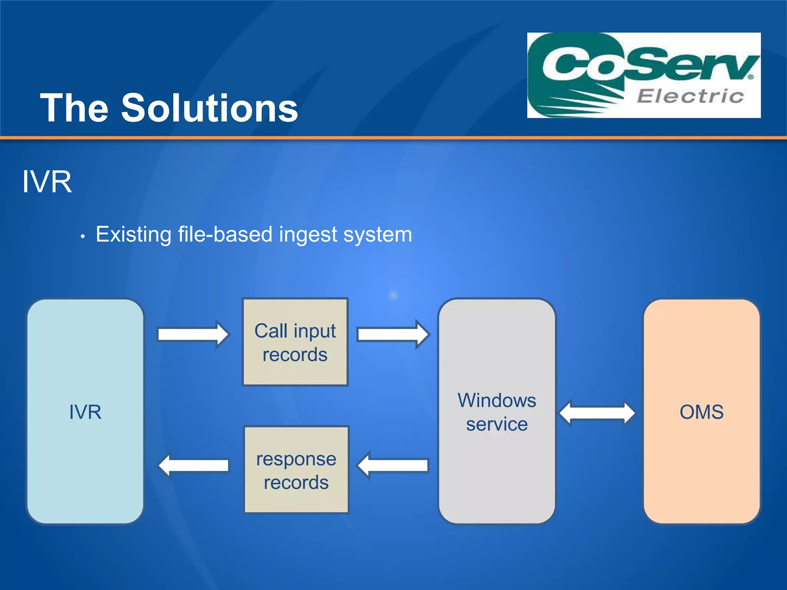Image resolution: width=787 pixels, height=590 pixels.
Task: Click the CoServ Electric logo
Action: pyautogui.click(x=644, y=75)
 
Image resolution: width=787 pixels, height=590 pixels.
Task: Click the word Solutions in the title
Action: pyautogui.click(x=209, y=108)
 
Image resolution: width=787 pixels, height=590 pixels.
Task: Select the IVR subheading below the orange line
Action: pyautogui.click(x=47, y=182)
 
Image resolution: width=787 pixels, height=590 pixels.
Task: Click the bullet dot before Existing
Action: pyautogui.click(x=83, y=237)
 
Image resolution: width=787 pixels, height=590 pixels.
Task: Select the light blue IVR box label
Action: pyautogui.click(x=85, y=412)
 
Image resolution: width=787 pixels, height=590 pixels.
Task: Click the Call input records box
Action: pyautogui.click(x=295, y=342)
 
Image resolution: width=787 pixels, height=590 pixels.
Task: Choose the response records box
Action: pyautogui.click(x=296, y=470)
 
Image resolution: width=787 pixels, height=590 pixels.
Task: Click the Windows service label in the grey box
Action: pyautogui.click(x=497, y=412)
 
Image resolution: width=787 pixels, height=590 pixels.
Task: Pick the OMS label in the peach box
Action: pyautogui.click(x=702, y=412)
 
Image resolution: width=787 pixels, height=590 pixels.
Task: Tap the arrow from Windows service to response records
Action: pyautogui.click(x=393, y=465)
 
